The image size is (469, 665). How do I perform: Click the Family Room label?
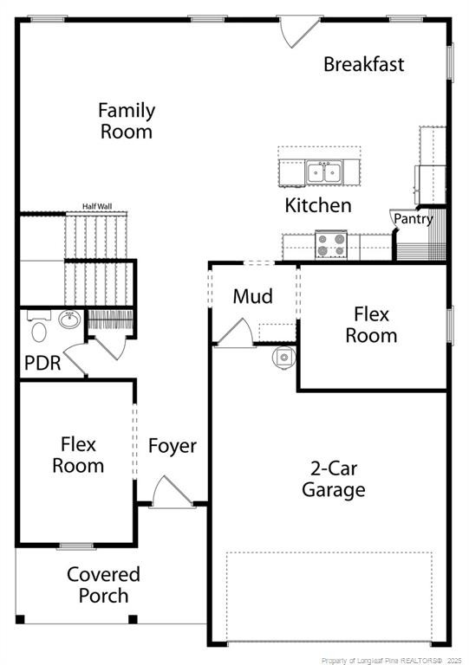[x=127, y=121]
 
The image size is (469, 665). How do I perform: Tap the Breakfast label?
[x=363, y=64]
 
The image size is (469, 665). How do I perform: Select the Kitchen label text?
[x=318, y=205]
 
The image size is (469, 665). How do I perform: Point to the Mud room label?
[x=253, y=296]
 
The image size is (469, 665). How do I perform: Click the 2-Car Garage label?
[x=333, y=479]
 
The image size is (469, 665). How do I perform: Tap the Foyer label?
[x=172, y=446]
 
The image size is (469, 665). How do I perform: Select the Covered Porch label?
[x=103, y=584]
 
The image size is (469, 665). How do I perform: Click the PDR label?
[x=42, y=363]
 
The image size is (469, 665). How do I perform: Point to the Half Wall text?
[x=97, y=206]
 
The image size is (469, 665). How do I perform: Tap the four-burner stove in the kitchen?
[x=330, y=244]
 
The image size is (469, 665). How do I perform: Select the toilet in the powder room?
[x=38, y=329]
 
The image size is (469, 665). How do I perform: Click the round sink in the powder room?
[x=68, y=320]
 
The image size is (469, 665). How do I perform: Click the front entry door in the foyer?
[x=165, y=493]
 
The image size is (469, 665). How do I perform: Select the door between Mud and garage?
[x=232, y=333]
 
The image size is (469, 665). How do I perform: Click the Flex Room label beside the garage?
[x=371, y=325]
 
